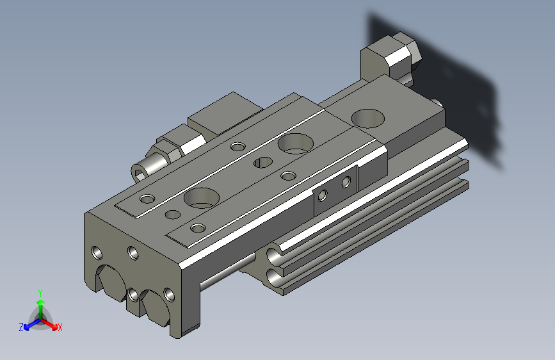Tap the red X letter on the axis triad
[x=60, y=328]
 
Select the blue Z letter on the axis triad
[x=21, y=327]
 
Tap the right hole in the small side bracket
[x=346, y=183]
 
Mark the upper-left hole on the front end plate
[x=97, y=252]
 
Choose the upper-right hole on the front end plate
[x=133, y=253]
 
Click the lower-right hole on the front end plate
[x=169, y=295]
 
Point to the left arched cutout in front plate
[x=110, y=282]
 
